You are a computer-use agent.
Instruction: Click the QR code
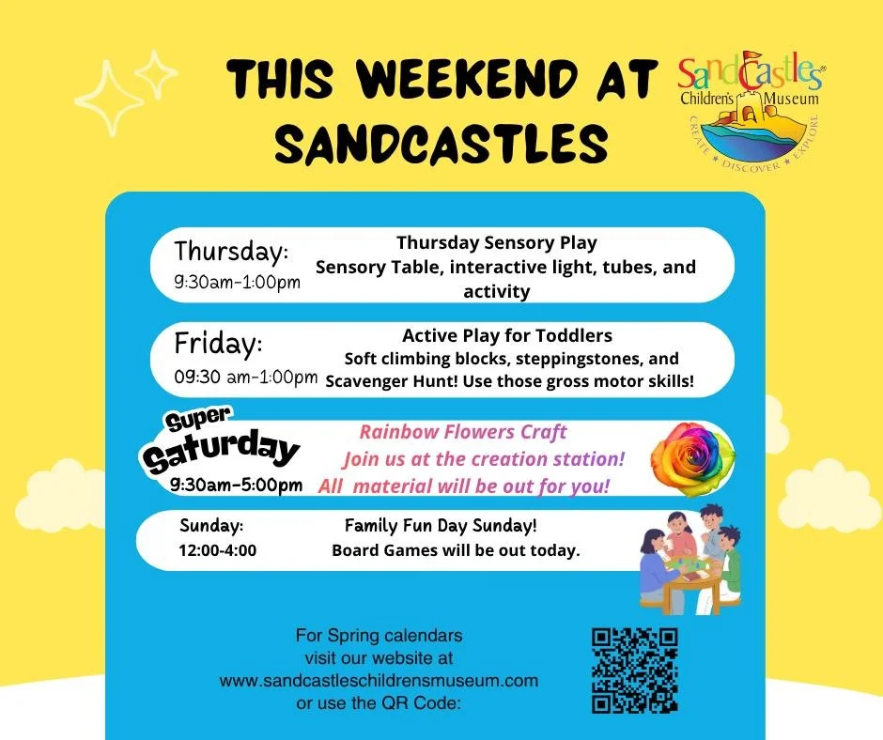(x=635, y=670)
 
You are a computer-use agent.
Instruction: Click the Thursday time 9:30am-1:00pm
(x=238, y=283)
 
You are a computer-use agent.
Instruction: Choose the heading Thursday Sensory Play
(x=496, y=242)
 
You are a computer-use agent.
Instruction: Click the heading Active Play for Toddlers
(x=507, y=335)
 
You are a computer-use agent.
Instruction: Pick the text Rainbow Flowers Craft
(x=463, y=432)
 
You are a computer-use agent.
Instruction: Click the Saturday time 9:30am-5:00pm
(x=237, y=486)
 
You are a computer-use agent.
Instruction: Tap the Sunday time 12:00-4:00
(x=217, y=550)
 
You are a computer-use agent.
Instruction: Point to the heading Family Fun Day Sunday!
(x=441, y=526)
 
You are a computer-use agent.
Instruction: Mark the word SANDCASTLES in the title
(x=441, y=145)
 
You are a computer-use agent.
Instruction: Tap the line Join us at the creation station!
(x=483, y=459)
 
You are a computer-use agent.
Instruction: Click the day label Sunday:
(x=211, y=526)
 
